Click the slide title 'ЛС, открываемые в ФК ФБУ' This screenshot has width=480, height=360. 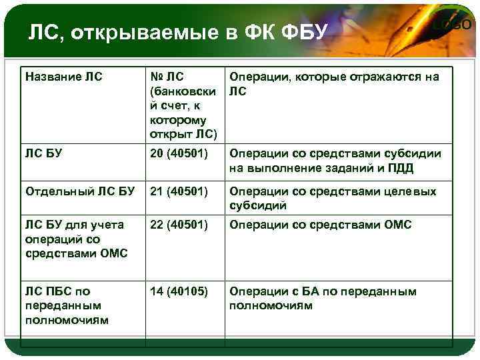(x=175, y=32)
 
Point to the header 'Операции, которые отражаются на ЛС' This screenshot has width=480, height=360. (x=334, y=84)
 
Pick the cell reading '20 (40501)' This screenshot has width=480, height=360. (x=179, y=153)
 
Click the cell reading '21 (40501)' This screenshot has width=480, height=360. (x=179, y=192)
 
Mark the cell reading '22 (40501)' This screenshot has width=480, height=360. (x=179, y=225)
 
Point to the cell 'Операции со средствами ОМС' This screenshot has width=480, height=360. (x=320, y=225)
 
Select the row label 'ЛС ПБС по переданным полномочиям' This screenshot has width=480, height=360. (x=66, y=305)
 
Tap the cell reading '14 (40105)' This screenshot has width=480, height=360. (x=179, y=291)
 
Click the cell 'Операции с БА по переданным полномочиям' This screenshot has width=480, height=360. (x=323, y=298)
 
